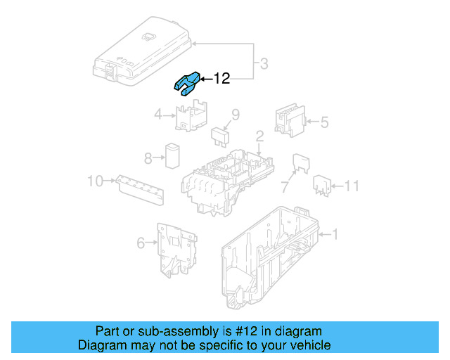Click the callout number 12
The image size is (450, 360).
point(221,79)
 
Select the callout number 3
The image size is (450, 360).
point(263,65)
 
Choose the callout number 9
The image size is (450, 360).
point(236,115)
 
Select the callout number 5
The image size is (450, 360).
point(325,122)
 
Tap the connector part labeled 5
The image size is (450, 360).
point(290,120)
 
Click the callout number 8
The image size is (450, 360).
point(148,157)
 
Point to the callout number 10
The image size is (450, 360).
point(95,181)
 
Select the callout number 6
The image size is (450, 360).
point(141,243)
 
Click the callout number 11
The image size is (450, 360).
point(352,186)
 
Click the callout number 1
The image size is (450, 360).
point(335,233)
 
